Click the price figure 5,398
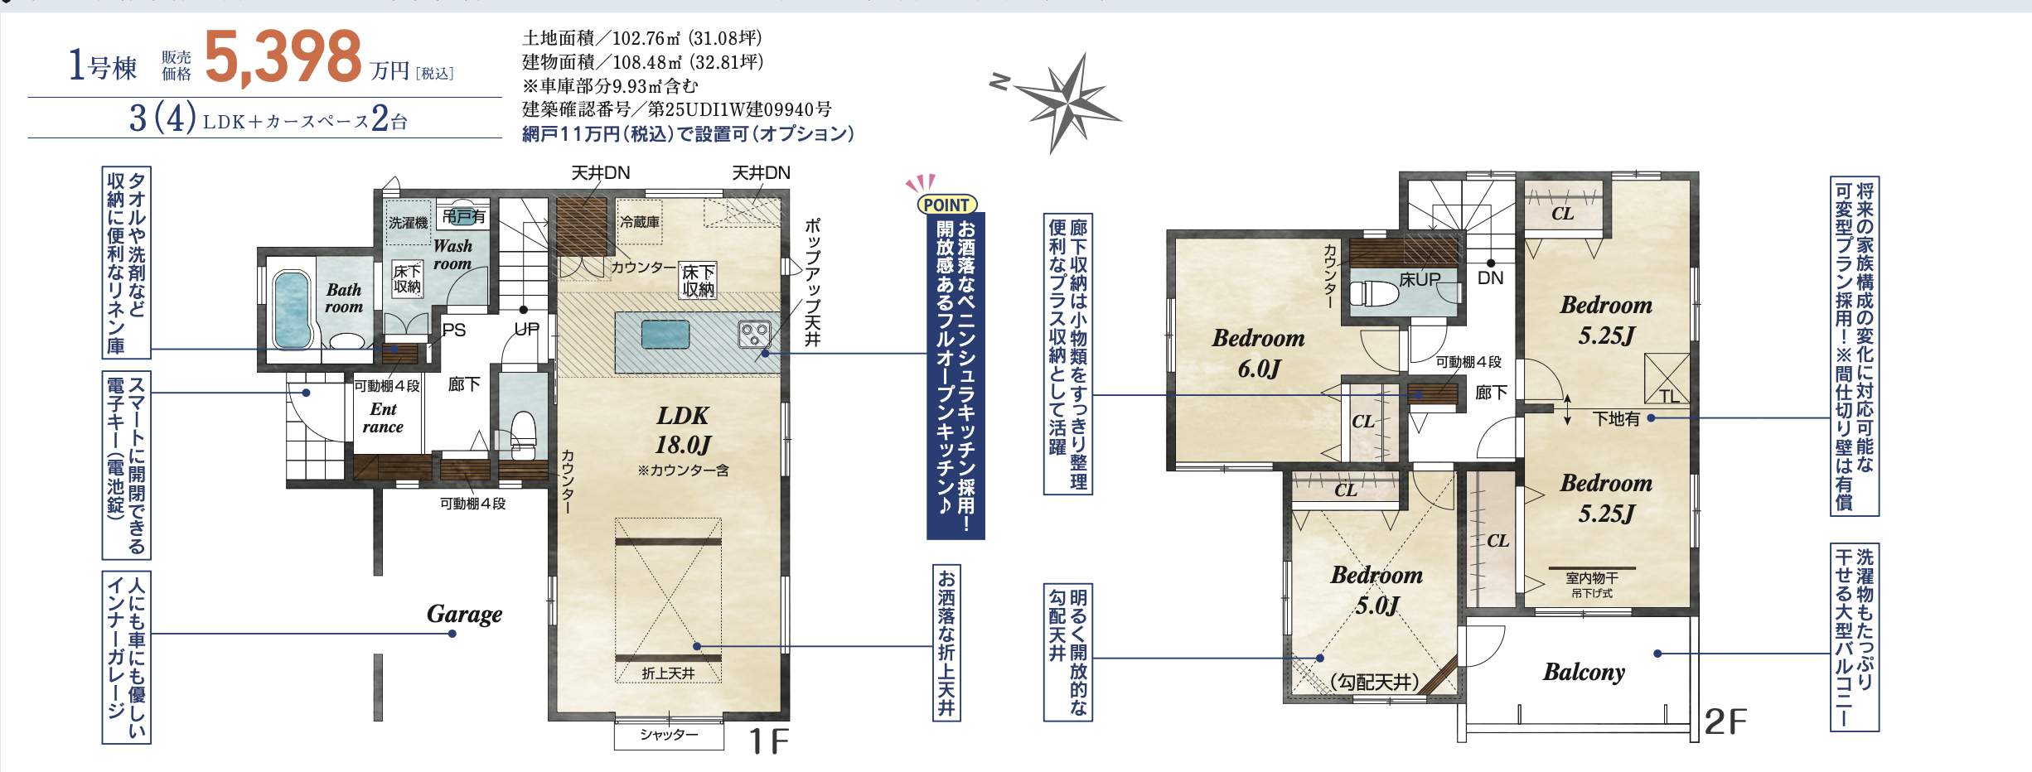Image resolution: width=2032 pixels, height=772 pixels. tap(283, 56)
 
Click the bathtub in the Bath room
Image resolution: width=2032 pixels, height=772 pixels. tap(292, 309)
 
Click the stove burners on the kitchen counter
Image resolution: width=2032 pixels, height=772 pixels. tap(754, 334)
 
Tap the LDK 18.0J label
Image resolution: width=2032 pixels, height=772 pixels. tap(683, 431)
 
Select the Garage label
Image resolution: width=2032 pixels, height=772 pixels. tap(464, 614)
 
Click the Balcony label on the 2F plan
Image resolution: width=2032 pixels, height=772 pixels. tap(1584, 672)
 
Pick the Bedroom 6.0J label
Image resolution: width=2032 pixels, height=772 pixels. tap(1258, 353)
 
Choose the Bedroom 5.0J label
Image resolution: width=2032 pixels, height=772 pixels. tap(1376, 590)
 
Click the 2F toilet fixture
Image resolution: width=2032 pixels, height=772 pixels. tap(1373, 293)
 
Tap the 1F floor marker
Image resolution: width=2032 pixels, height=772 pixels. tap(768, 741)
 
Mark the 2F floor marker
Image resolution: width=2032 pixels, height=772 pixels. tap(1725, 722)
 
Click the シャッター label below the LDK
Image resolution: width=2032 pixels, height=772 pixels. tap(669, 735)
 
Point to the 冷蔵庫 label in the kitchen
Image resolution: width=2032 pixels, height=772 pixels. tap(640, 222)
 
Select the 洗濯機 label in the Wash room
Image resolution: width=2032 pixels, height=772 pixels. tap(409, 223)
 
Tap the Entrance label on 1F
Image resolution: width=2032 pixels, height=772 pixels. tap(383, 418)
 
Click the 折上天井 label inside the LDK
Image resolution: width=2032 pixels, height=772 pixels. tap(668, 673)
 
